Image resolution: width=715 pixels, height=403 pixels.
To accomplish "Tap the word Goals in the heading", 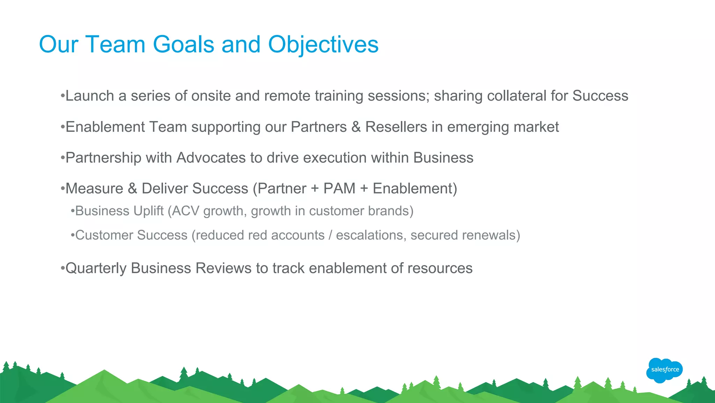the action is point(183,45).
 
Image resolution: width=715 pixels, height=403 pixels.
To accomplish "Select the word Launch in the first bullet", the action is point(90,96).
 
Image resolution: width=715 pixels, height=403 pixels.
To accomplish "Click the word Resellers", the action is point(396,127).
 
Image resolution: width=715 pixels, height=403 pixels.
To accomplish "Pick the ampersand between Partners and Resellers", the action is point(356,127).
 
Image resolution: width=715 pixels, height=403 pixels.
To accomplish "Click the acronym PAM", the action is point(339,188).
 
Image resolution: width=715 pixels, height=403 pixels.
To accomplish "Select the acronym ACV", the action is point(185,211).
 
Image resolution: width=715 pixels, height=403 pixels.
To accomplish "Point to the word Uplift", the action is point(148,211).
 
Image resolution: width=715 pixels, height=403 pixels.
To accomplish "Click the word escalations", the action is point(369,235).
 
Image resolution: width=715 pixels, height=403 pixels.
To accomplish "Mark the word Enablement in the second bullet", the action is point(105,127).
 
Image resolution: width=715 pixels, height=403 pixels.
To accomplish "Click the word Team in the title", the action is point(115,45).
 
